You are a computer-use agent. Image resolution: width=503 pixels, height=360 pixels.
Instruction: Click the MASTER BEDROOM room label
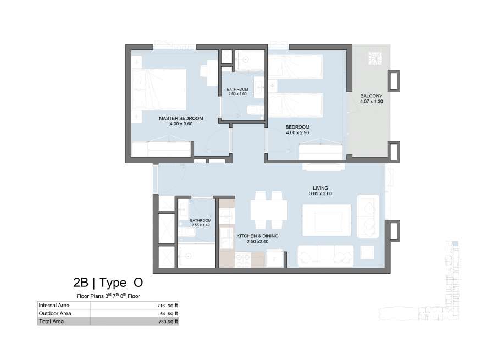point(181,118)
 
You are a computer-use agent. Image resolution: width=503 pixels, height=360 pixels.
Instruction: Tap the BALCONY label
point(371,96)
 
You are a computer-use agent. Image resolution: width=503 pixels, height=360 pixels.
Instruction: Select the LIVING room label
point(320,188)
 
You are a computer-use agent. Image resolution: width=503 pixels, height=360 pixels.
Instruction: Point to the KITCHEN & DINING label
point(257,236)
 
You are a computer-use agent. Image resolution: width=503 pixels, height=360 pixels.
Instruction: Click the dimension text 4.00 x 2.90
point(297,132)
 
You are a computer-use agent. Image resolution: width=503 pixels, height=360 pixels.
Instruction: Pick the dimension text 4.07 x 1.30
point(371,101)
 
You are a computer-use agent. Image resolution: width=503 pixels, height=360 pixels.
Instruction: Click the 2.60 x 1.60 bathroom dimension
point(237,93)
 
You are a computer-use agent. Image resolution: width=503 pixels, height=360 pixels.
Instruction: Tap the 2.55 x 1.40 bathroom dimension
point(201,225)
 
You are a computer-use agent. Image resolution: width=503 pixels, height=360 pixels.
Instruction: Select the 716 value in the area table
point(161,306)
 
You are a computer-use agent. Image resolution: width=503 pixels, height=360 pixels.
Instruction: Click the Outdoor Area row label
point(55,313)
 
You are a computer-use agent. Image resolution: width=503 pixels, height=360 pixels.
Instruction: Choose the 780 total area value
point(162,322)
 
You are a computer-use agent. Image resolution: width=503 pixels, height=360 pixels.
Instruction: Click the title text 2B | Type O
point(108,283)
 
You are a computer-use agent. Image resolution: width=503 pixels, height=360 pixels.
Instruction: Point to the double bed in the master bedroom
point(159,89)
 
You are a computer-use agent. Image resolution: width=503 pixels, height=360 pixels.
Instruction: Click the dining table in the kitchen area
point(268,210)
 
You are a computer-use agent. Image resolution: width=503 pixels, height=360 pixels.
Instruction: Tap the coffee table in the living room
point(327,220)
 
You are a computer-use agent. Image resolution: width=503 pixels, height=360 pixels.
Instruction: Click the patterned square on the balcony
point(375,59)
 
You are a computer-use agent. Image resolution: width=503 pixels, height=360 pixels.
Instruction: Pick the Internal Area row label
point(54,306)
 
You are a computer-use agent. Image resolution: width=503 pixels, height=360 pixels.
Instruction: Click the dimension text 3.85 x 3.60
point(320,193)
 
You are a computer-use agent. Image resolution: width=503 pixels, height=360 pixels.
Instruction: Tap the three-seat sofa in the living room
point(325,256)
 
